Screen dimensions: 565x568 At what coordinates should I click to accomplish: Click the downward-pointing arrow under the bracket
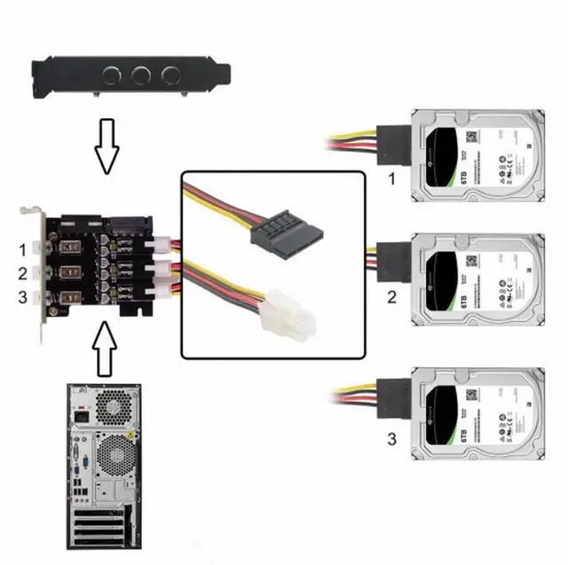point(106,147)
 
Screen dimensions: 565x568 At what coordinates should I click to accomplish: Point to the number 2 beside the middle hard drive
point(390,297)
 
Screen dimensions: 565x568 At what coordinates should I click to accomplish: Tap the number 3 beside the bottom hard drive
point(390,437)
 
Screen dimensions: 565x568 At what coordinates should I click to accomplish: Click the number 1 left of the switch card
point(24,248)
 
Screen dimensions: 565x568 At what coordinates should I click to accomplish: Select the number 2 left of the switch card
point(24,273)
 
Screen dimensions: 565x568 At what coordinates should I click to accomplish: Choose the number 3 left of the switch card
point(24,297)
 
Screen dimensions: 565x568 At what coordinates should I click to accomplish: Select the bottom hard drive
point(474,415)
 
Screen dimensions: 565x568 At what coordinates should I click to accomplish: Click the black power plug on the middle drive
point(394,260)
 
